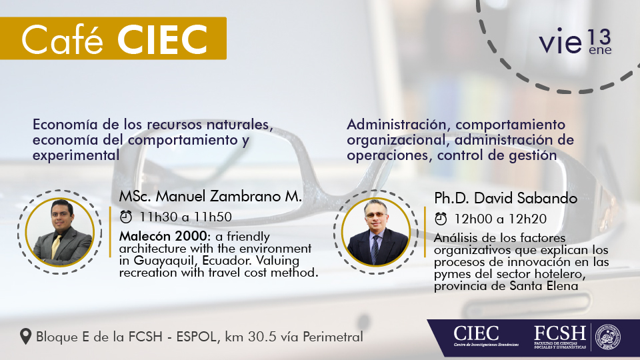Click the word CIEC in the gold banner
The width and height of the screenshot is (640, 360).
163,39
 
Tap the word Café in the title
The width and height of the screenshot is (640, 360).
62,39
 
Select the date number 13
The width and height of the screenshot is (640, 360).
599,37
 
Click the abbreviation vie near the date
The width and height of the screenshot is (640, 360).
560,41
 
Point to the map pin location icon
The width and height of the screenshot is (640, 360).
26,337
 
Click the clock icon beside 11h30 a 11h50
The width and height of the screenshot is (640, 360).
126,217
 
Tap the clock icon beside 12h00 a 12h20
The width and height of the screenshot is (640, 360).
441,219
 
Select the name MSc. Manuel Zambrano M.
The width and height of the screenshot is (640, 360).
210,196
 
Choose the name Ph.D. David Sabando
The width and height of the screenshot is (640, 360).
505,199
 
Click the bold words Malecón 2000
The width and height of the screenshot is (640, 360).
163,236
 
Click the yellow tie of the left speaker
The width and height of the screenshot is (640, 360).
56,246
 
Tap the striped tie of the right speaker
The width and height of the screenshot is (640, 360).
374,248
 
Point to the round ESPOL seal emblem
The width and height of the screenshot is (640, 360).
608,337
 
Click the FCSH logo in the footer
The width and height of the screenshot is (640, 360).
560,337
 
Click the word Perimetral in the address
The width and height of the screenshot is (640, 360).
333,337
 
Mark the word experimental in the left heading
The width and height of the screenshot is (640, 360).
76,155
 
